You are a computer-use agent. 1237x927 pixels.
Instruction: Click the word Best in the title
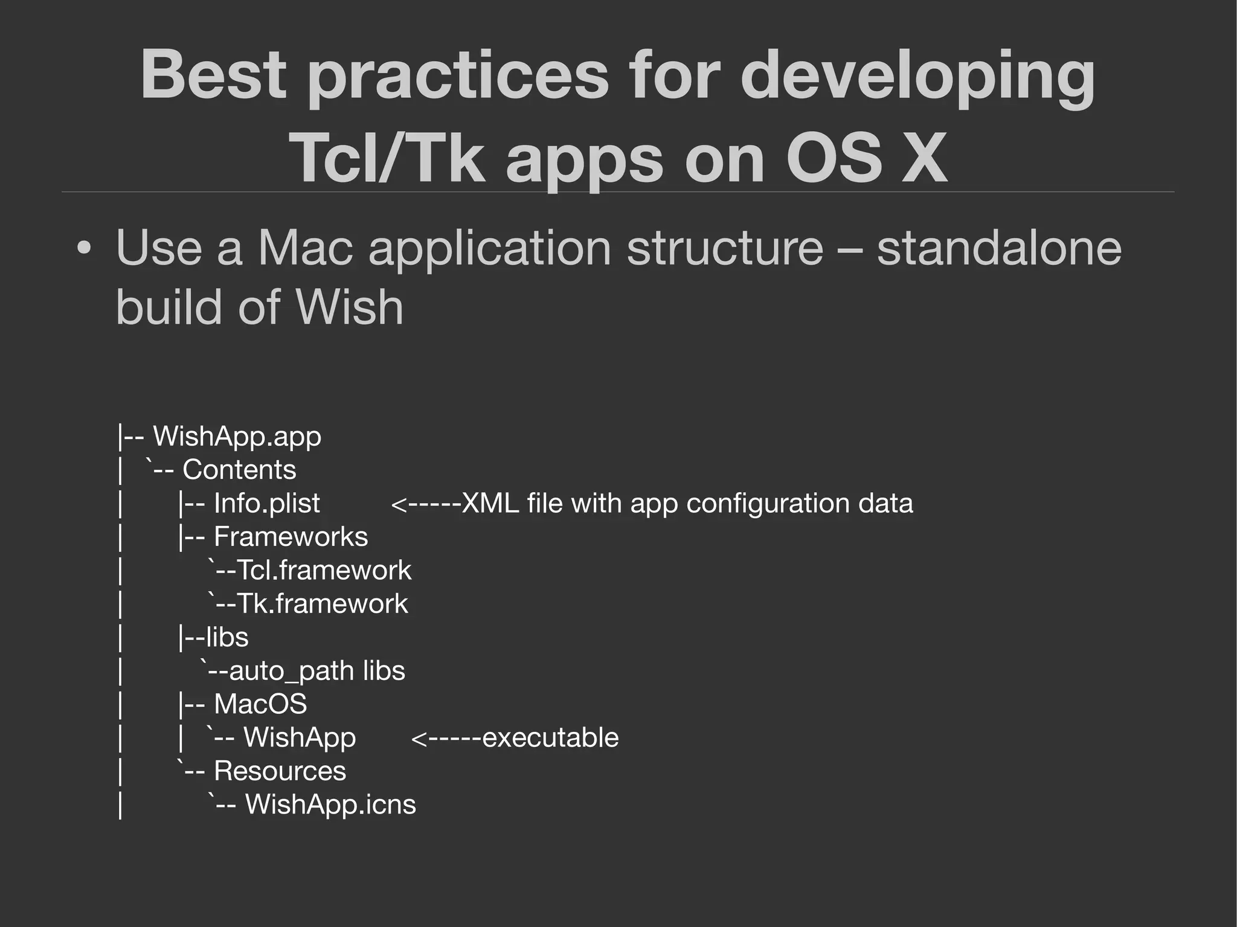pos(213,75)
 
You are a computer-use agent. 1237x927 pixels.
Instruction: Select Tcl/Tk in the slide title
pos(387,158)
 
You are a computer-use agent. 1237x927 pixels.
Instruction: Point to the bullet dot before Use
pos(85,249)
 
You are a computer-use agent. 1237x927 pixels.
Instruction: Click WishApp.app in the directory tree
pos(237,436)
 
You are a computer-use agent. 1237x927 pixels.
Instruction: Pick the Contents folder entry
pos(239,470)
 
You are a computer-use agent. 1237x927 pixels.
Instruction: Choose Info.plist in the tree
pos(266,504)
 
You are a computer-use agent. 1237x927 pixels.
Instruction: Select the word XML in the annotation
pos(490,504)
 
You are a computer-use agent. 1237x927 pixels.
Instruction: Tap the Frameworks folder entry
pos(291,537)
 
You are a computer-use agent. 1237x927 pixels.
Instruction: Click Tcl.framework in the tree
pos(324,571)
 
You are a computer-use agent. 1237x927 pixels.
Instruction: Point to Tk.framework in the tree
pos(322,604)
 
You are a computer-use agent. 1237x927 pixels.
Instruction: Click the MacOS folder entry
pos(260,704)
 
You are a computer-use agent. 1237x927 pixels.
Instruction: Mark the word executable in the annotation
pos(550,738)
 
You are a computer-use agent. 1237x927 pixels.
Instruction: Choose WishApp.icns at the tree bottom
pos(330,804)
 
